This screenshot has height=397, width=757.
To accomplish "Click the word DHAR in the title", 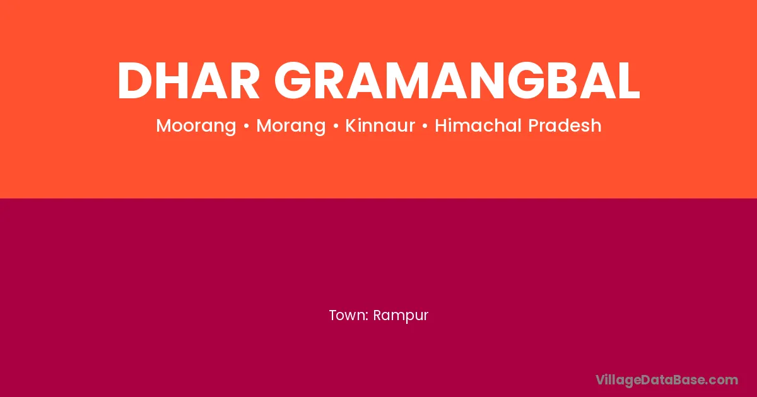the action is pyautogui.click(x=189, y=81).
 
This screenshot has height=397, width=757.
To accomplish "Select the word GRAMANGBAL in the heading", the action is pyautogui.click(x=457, y=81).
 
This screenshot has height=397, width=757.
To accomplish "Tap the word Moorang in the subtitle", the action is pyautogui.click(x=196, y=126).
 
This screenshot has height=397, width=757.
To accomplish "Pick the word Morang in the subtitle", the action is pyautogui.click(x=291, y=126).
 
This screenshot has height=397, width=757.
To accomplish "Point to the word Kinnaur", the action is pyautogui.click(x=380, y=125).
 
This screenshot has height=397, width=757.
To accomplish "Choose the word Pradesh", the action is pyautogui.click(x=565, y=125).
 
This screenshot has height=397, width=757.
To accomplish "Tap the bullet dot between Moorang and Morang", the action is pyautogui.click(x=247, y=126).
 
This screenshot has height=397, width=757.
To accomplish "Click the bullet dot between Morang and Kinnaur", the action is pyautogui.click(x=336, y=126).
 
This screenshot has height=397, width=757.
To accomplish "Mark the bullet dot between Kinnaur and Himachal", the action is pyautogui.click(x=425, y=126).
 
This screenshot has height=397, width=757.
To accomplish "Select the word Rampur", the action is pyautogui.click(x=401, y=316).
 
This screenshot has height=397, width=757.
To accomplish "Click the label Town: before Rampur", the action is pyautogui.click(x=349, y=315).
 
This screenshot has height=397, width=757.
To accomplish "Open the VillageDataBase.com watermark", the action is pyautogui.click(x=667, y=380).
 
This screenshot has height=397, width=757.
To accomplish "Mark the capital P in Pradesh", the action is pyautogui.click(x=534, y=125).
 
